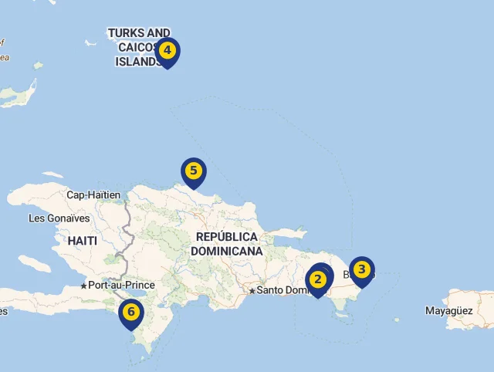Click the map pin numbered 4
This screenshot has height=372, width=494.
click(167, 52)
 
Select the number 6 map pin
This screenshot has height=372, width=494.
click(131, 313)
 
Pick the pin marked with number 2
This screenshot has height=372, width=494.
click(317, 279)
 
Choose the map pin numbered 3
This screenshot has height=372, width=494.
click(361, 271)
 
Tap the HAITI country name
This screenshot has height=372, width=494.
click(83, 241)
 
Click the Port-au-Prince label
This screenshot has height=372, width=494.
click(121, 285)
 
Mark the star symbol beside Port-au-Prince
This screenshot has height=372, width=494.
click(83, 286)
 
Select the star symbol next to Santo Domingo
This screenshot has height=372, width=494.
click(252, 291)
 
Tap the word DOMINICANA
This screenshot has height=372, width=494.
click(226, 251)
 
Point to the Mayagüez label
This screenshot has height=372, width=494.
click(448, 311)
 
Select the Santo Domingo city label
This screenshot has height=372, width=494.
click(283, 290)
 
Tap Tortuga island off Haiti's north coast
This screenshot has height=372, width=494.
click(52, 175)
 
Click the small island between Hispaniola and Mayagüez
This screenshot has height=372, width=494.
click(396, 320)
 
